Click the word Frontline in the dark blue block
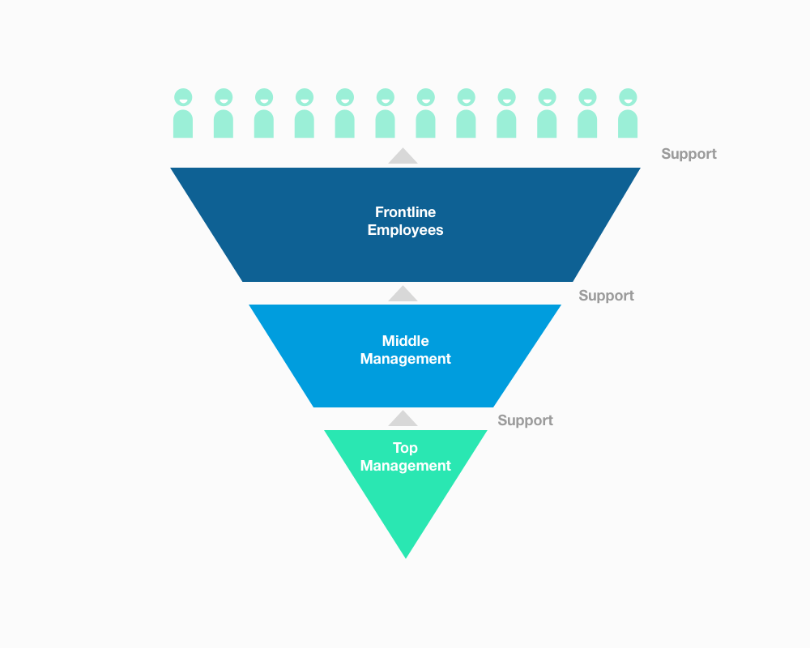coord(405,212)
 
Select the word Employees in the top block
coord(405,230)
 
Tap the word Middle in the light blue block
coord(405,341)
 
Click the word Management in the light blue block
coord(405,359)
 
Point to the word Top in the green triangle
coord(405,448)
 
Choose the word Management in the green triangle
coord(405,466)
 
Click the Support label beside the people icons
coord(688,154)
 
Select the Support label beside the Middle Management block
coord(606,296)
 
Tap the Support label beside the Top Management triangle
coord(525,420)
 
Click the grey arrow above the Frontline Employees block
coord(403,156)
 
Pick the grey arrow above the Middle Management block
coord(403,293)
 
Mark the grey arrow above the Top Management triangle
coord(403,418)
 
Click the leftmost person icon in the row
coord(183,113)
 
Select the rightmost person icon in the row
coord(628,113)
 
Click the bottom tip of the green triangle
coord(405,556)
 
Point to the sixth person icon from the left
coord(386,113)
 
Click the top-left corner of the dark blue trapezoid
coord(173,169)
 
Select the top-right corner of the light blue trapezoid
coord(559,306)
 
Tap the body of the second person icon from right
coord(587,124)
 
